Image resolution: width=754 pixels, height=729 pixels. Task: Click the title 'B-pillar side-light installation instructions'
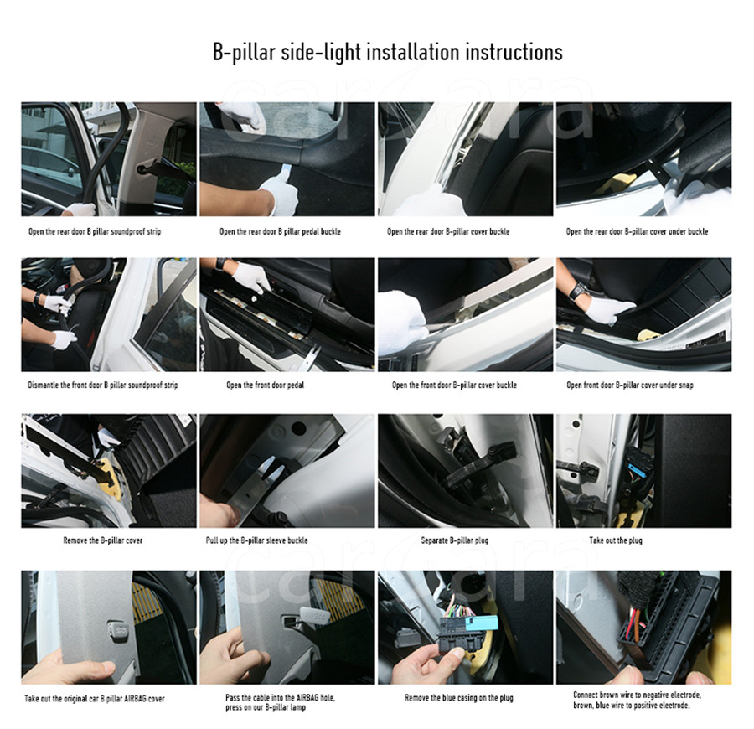388,52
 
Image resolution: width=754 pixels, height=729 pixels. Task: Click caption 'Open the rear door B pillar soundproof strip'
95,231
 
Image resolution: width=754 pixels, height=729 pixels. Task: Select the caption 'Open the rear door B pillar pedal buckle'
280,231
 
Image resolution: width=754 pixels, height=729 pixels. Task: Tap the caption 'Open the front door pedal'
265,385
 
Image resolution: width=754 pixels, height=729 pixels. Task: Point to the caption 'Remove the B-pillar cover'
103,540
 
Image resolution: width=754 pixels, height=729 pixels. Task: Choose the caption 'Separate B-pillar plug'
454,540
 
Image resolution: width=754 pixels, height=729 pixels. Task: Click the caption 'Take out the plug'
616,540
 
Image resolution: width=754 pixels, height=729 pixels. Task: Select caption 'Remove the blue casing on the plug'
459,697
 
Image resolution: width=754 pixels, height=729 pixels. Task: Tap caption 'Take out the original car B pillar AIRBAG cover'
94,698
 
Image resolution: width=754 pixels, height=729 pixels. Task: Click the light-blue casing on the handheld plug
483,625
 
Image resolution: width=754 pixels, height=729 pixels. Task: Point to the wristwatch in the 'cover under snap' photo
577,291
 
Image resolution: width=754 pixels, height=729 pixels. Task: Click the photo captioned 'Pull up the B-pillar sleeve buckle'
287,471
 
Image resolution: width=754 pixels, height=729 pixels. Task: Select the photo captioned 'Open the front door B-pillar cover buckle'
466,314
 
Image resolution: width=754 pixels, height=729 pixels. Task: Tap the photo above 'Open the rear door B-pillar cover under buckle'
644,158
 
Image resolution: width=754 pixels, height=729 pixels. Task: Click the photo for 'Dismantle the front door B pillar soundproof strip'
109,314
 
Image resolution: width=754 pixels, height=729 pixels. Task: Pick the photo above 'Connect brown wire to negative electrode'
644,627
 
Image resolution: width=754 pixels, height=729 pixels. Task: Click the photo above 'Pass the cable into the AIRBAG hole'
287,627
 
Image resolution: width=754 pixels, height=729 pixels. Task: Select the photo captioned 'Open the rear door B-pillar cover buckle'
466,158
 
